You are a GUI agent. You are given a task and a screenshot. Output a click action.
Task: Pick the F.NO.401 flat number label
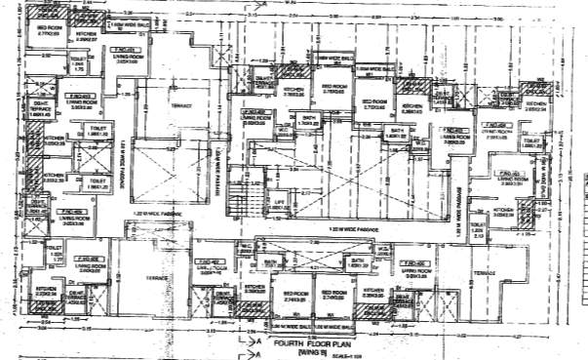coord(125,48)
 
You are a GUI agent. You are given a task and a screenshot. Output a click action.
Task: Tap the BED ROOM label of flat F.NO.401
coord(56,30)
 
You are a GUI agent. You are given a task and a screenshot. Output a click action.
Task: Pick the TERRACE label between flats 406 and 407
coord(159,278)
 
